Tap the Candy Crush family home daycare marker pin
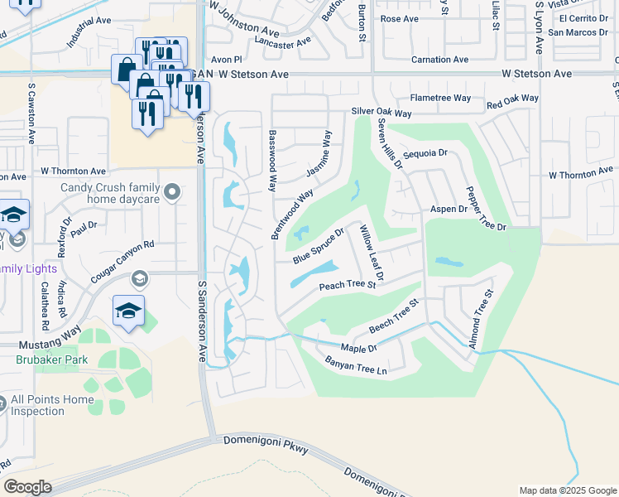pyautogui.click(x=172, y=193)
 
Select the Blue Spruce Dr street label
pyautogui.click(x=318, y=248)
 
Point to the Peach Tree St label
pyautogui.click(x=348, y=286)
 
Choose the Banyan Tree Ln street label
pyautogui.click(x=356, y=365)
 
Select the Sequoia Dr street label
pyautogui.click(x=425, y=153)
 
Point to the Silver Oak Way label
pyautogui.click(x=381, y=112)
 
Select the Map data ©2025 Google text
pyautogui.click(x=567, y=490)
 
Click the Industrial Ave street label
pyautogui.click(x=89, y=31)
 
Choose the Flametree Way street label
pyautogui.click(x=440, y=98)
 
